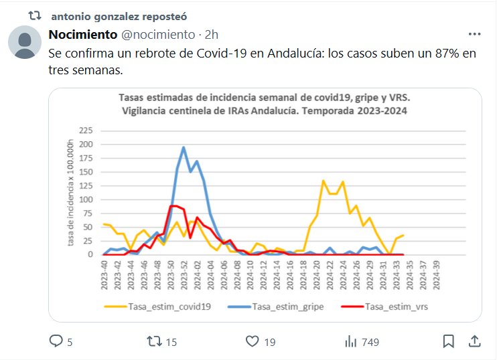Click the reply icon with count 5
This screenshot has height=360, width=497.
[56, 342]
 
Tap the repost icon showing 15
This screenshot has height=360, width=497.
[154, 342]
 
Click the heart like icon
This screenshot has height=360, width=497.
[252, 342]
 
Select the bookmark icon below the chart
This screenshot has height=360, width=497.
[448, 342]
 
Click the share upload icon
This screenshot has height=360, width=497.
[473, 342]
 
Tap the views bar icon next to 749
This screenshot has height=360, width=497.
[350, 342]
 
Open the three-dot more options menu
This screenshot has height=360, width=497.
[474, 34]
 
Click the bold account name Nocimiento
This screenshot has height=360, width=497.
[82, 34]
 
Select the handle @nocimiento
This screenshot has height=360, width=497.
[158, 34]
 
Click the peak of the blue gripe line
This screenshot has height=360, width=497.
[184, 147]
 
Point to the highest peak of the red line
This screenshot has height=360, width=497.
[173, 205]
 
